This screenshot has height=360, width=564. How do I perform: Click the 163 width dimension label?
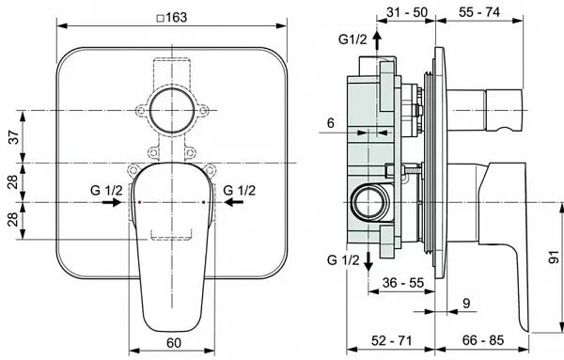tap(177, 17)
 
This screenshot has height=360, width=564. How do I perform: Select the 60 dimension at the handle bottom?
tap(174, 343)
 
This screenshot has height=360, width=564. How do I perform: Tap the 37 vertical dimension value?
tap(13, 136)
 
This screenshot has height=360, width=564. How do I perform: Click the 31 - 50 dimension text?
tap(407, 12)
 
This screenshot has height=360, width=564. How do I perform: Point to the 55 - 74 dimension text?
tap(479, 12)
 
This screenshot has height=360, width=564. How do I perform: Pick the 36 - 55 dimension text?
tap(403, 283)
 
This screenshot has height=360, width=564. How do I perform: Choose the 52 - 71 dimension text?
tap(391, 340)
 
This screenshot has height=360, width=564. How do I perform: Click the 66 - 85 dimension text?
tap(483, 340)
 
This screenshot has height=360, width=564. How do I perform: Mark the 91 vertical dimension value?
tap(554, 258)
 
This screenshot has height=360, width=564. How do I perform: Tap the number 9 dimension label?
tap(466, 304)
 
